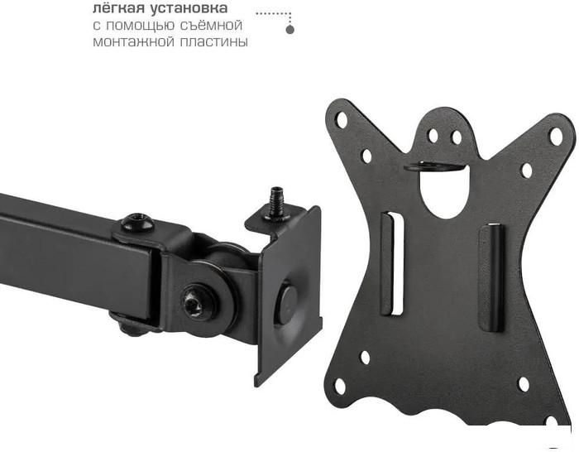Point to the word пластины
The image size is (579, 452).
213,42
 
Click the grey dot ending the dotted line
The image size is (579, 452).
290,30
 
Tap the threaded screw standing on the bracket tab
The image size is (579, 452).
275,202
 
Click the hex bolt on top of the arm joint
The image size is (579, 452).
137,222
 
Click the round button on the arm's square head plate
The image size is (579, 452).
287,303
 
